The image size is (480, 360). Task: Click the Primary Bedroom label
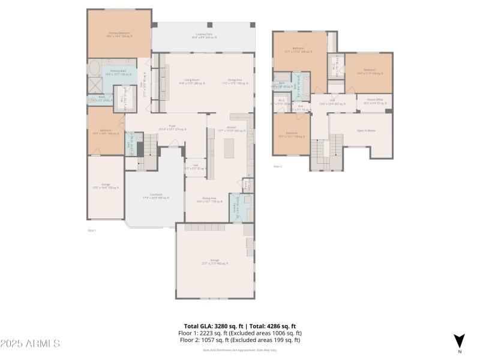click(119, 34)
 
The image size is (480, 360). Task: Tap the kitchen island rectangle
click(229, 148)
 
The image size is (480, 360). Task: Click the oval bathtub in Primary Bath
click(95, 67)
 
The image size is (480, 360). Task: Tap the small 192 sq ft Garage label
click(106, 186)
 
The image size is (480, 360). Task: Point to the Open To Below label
click(366, 131)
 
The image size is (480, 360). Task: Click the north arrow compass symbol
click(459, 341)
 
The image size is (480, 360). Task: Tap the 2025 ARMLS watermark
click(30, 344)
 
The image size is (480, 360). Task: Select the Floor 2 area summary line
click(239, 340)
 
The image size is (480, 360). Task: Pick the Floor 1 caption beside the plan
click(92, 230)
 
